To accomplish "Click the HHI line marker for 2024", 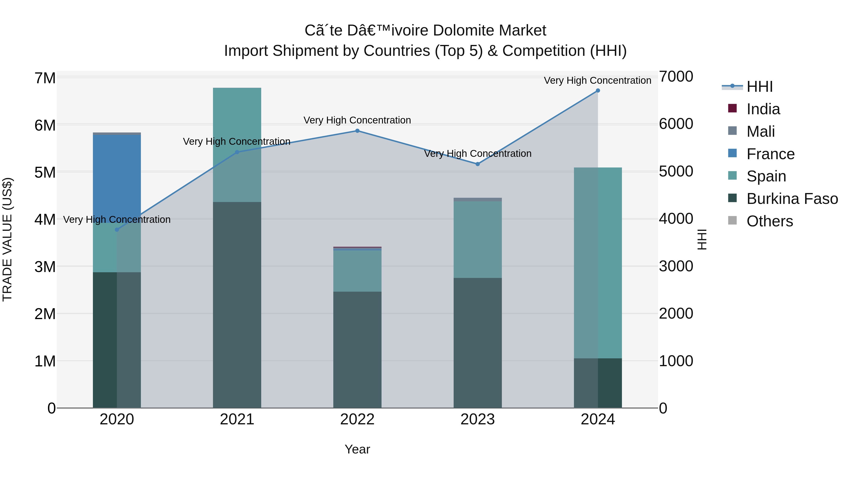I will tap(598, 91).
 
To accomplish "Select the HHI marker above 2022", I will tap(357, 131).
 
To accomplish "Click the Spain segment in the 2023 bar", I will tap(477, 240).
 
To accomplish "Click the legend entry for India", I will tap(763, 109).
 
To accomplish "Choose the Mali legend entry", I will tap(760, 132).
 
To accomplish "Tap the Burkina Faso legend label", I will tap(792, 199).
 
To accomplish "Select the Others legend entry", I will tap(769, 221).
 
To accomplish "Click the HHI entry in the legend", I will tap(759, 87).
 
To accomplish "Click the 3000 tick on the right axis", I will tap(676, 266).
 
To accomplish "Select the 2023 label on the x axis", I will tap(477, 419).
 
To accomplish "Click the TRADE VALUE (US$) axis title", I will tap(7, 239).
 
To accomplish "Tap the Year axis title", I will tap(357, 449).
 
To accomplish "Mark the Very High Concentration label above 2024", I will tap(597, 80).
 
